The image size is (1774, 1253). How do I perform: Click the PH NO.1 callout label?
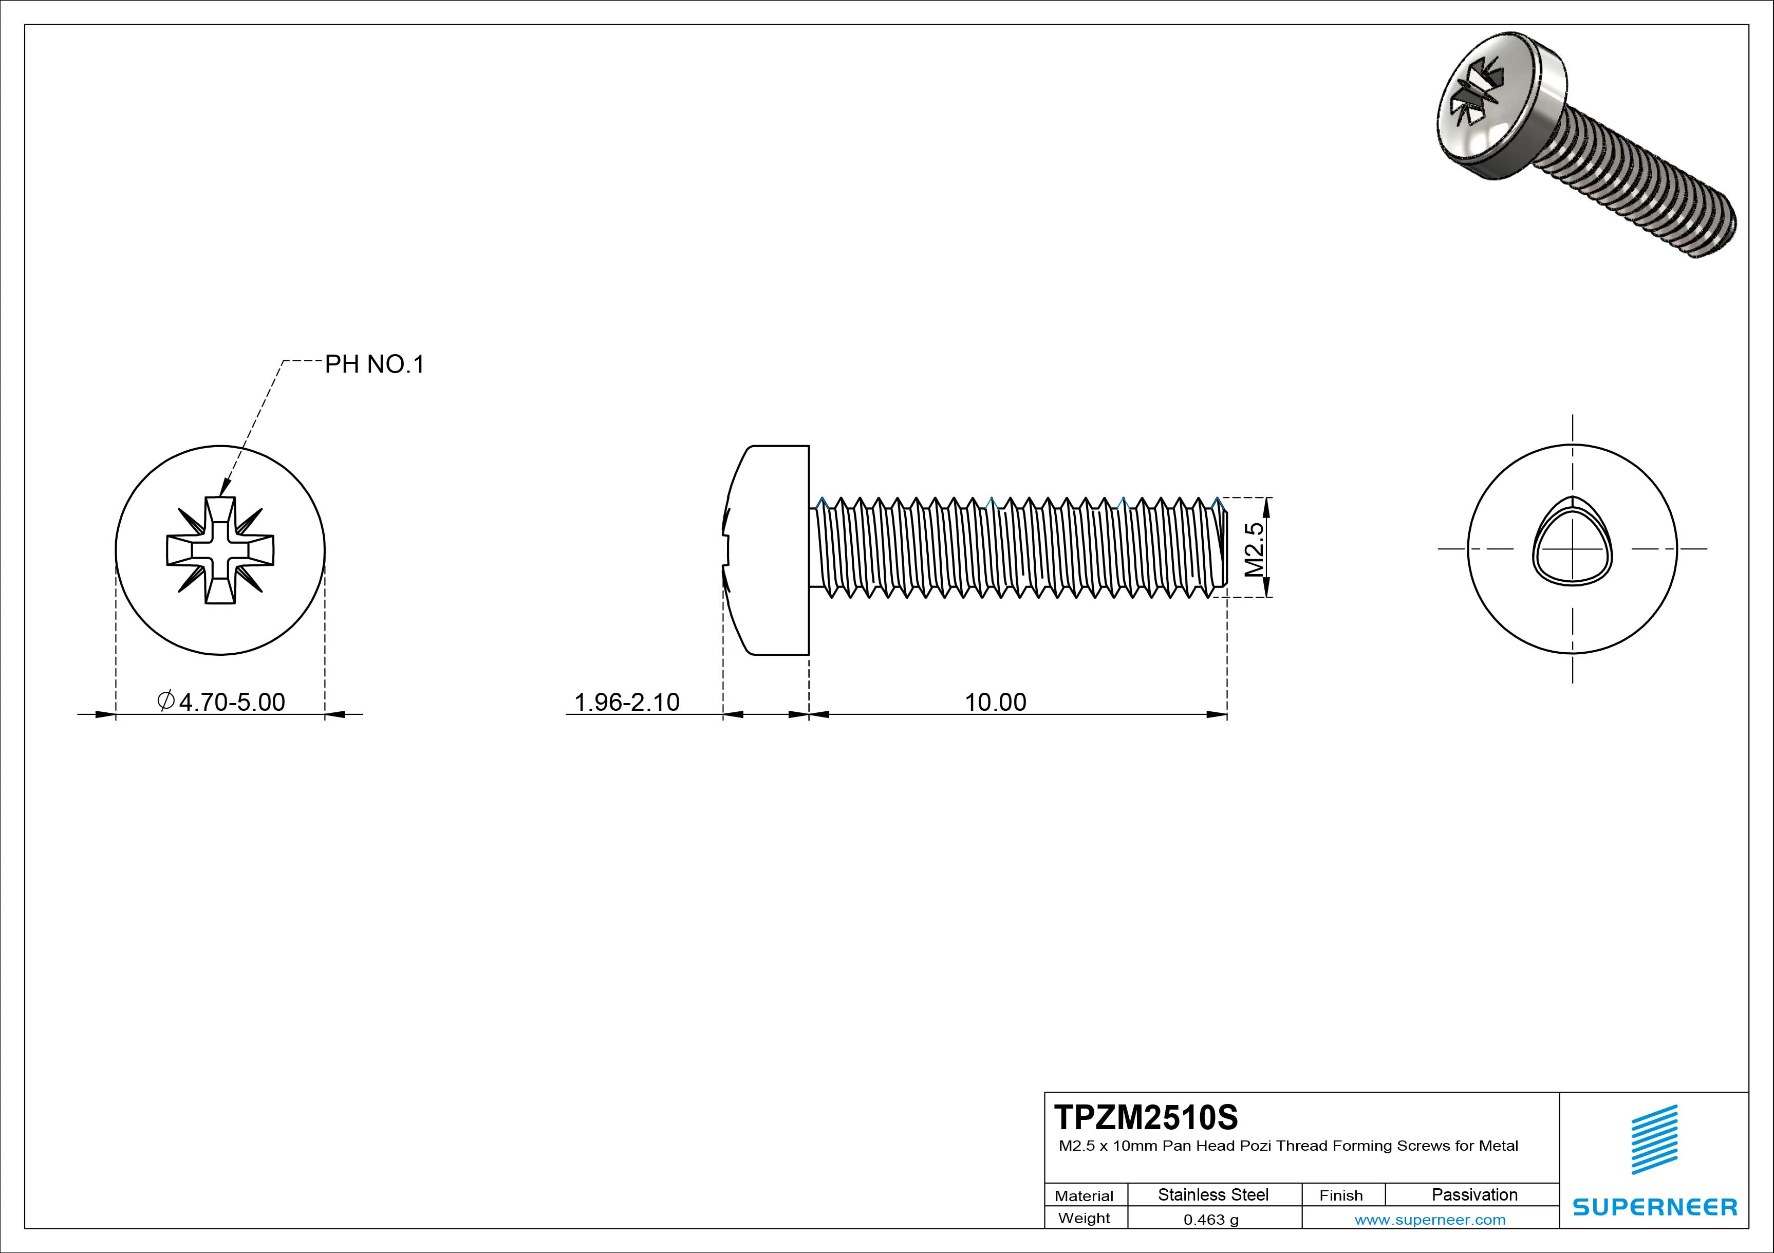[x=374, y=364]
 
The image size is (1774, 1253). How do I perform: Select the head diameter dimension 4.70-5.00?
[x=232, y=702]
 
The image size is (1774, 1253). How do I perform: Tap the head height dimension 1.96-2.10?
[x=627, y=702]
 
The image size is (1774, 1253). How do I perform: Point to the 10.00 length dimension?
[x=995, y=702]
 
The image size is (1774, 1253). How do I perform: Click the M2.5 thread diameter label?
[x=1254, y=549]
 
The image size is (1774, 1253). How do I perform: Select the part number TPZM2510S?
[x=1145, y=1118]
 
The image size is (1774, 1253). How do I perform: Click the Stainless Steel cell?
[x=1213, y=1194]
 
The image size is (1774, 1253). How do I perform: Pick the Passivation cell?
[x=1474, y=1194]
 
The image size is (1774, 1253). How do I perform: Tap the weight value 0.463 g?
[x=1211, y=1220]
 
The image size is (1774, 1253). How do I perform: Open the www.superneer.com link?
[x=1429, y=1220]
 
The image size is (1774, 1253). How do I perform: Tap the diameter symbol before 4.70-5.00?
[x=165, y=701]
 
